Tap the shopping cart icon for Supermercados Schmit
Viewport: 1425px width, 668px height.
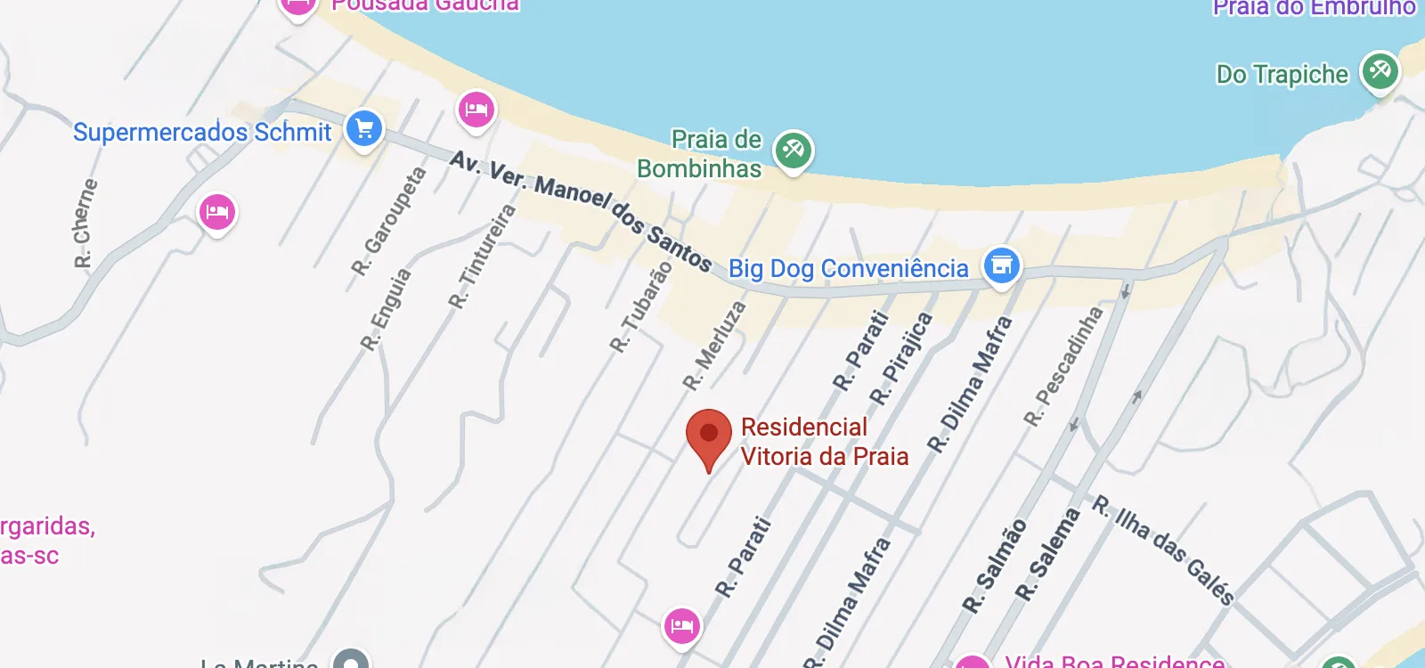click(x=364, y=129)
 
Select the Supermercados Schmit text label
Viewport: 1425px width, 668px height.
click(x=202, y=133)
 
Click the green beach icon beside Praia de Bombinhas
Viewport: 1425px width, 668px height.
click(x=793, y=151)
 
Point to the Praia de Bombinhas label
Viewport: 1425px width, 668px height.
click(x=700, y=154)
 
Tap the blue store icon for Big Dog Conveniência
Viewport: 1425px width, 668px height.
click(x=1001, y=265)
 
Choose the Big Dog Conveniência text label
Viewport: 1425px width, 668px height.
click(x=848, y=268)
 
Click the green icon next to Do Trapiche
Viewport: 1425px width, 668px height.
click(x=1380, y=70)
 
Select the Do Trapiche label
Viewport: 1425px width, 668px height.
click(x=1282, y=75)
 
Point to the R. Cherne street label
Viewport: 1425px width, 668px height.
click(x=85, y=224)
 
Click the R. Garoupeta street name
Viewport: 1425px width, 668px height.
click(x=388, y=222)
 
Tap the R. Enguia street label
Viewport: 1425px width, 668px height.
click(x=387, y=309)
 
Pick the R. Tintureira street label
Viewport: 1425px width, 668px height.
click(x=482, y=257)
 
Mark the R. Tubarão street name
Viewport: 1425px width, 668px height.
click(x=641, y=307)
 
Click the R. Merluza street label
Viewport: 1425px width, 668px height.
click(x=714, y=346)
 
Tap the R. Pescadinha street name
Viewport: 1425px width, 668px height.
click(x=1063, y=366)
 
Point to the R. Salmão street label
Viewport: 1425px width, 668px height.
click(x=995, y=566)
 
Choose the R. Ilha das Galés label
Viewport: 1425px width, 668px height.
click(x=1163, y=550)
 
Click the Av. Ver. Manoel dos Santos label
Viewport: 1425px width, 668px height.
click(x=581, y=211)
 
